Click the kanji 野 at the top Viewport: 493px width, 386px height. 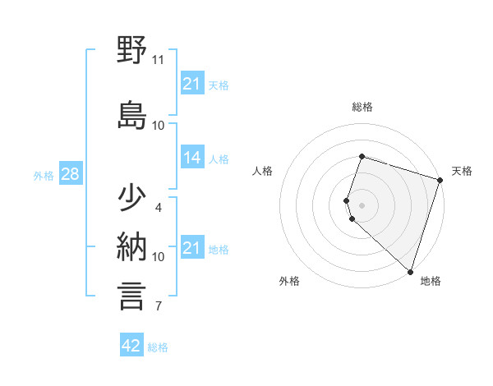(x=132, y=51)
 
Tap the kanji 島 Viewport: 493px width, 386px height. (x=132, y=115)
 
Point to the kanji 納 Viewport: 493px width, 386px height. (x=132, y=246)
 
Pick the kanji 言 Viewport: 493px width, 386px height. (x=132, y=296)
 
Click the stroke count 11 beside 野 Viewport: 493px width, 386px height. (x=159, y=60)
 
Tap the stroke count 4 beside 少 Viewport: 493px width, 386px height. (x=159, y=208)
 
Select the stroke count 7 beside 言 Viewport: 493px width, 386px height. (x=159, y=307)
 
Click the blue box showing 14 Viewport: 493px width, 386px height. (x=191, y=159)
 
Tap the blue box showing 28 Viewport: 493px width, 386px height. (x=70, y=175)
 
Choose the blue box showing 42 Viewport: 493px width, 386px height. (x=131, y=346)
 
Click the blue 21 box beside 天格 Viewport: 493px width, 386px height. (x=191, y=84)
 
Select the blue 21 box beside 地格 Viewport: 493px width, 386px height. (x=191, y=248)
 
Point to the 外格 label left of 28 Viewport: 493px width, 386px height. (x=44, y=176)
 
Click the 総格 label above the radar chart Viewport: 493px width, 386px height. (x=362, y=107)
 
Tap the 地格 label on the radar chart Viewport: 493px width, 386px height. (x=431, y=282)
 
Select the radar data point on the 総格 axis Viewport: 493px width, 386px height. (x=362, y=156)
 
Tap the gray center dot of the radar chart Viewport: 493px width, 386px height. (x=362, y=204)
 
